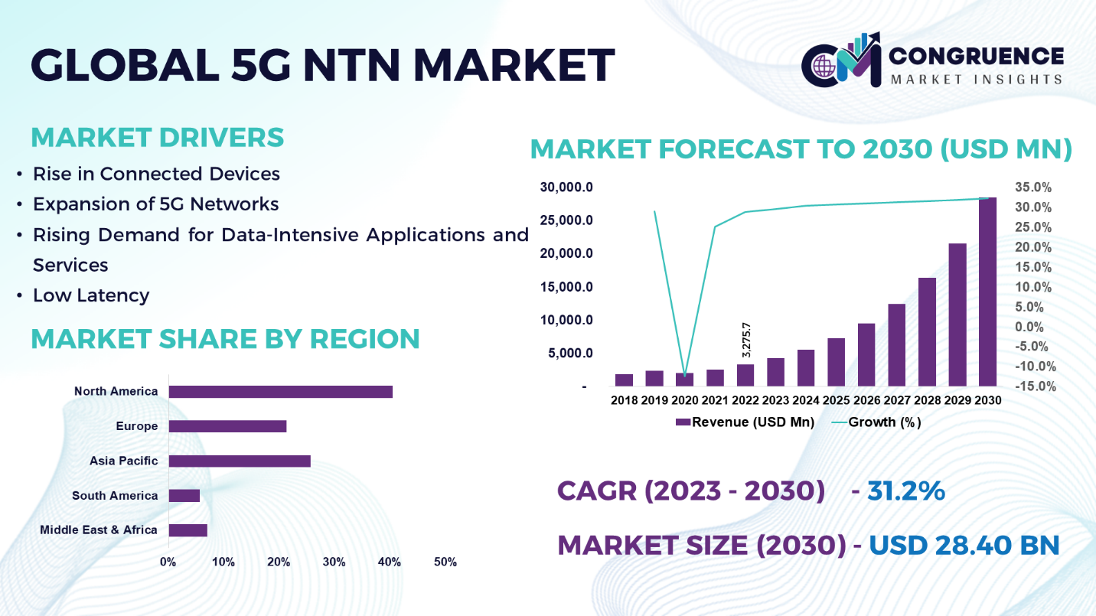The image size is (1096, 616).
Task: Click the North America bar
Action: [280, 392]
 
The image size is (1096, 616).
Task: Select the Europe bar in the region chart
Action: [227, 426]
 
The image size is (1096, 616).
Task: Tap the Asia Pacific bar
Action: [240, 461]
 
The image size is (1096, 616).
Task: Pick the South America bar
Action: [184, 496]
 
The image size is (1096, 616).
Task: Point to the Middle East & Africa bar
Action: [188, 530]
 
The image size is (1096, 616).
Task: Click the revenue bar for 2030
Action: [987, 292]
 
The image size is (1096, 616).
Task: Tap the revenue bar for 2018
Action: [625, 380]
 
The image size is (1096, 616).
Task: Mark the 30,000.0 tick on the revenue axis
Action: [566, 187]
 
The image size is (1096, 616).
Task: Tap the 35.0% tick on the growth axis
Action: [1033, 187]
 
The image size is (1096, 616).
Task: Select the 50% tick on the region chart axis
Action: [445, 562]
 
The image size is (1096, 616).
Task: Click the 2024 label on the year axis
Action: [806, 400]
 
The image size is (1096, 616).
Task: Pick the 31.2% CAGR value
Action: [906, 491]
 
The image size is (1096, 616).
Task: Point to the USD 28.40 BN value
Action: [964, 545]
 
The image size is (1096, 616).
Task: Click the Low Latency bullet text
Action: [90, 295]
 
